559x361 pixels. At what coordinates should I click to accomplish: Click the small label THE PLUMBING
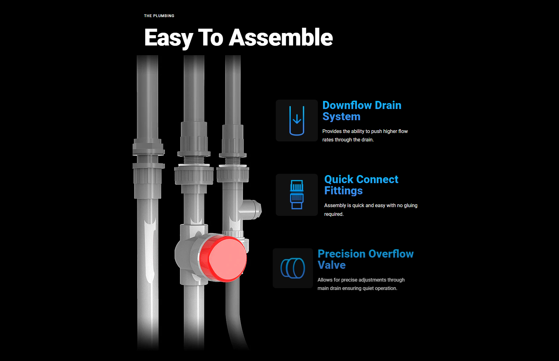(x=159, y=16)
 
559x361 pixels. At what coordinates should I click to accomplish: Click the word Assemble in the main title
(x=281, y=38)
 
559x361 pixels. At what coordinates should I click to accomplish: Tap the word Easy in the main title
(x=168, y=38)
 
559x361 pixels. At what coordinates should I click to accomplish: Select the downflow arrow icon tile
(x=297, y=121)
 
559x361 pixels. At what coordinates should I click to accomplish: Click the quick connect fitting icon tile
(x=297, y=195)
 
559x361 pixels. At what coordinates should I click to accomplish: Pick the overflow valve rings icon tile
(x=293, y=268)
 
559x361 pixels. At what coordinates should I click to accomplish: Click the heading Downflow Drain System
(x=362, y=111)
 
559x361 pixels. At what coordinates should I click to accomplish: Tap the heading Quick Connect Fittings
(x=361, y=185)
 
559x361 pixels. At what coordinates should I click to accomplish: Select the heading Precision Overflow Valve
(x=365, y=259)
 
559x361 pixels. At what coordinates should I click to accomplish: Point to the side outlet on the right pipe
(x=253, y=209)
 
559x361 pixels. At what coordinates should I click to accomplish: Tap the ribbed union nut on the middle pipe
(x=194, y=176)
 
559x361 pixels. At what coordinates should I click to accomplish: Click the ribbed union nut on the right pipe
(x=233, y=174)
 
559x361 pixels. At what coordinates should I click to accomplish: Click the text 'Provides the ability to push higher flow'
(x=365, y=131)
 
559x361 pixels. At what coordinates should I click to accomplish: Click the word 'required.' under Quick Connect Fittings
(x=334, y=214)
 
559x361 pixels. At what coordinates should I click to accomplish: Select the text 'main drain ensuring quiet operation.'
(x=357, y=288)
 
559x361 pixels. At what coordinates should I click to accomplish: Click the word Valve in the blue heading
(x=331, y=265)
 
